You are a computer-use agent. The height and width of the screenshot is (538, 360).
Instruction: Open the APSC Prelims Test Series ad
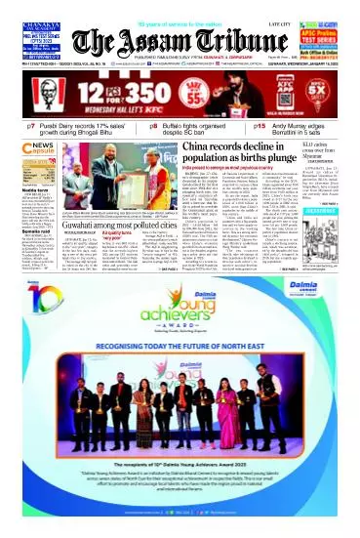click(328, 40)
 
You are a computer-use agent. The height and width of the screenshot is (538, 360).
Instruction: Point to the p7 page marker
click(31, 127)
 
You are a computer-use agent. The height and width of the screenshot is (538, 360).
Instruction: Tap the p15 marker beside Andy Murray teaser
click(259, 127)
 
